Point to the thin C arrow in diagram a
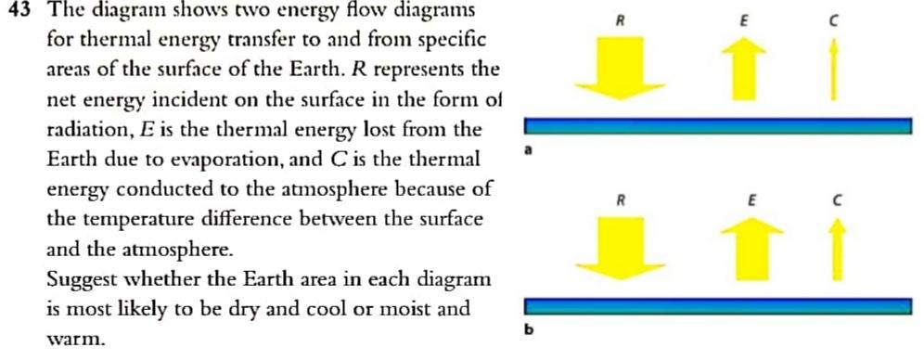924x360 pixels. click(835, 73)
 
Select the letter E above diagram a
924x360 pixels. click(741, 20)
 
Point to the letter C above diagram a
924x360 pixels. click(835, 20)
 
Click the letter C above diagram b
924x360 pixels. click(837, 199)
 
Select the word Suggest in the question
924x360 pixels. click(82, 279)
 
